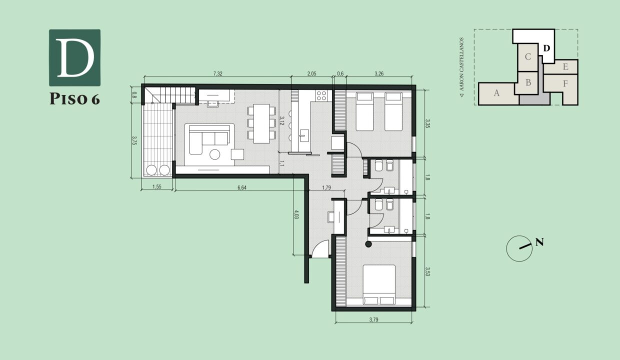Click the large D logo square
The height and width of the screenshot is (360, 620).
(x=74, y=57)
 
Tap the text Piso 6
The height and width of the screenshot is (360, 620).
(x=74, y=99)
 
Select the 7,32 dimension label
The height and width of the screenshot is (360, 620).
(x=217, y=73)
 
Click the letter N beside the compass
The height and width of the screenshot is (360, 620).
(x=539, y=242)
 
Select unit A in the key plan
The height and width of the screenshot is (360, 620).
(x=496, y=93)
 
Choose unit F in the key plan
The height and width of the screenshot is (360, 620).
(x=565, y=83)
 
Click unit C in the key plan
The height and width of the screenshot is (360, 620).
(x=527, y=56)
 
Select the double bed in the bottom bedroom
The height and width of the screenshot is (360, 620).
(x=378, y=284)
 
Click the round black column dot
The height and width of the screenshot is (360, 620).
(x=368, y=244)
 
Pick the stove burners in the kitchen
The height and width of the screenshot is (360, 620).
(x=320, y=95)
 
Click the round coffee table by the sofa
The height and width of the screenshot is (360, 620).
(x=215, y=154)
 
